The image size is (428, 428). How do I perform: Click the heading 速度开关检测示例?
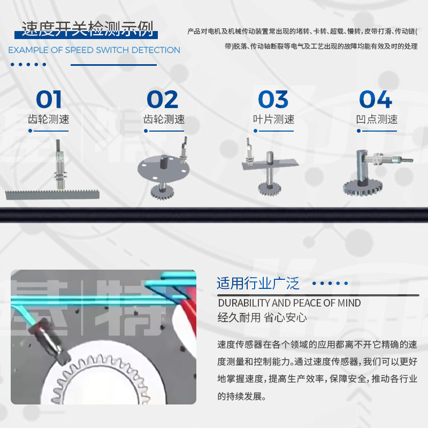tap(87, 28)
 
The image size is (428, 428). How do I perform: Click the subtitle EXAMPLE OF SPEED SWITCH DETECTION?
tap(94, 50)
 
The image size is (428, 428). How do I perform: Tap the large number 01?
tap(49, 100)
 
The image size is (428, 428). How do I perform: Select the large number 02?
tap(163, 100)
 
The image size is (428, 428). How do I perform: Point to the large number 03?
tap(273, 100)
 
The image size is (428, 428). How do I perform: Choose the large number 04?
tap(376, 100)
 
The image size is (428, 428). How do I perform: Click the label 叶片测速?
tap(273, 119)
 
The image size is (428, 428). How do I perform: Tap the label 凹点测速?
tap(376, 119)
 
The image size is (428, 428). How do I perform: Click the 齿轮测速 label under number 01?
tap(49, 119)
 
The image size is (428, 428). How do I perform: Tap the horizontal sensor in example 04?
tap(391, 159)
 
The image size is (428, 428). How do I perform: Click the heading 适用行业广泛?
tap(258, 283)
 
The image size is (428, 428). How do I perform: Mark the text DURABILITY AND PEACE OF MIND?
tap(289, 303)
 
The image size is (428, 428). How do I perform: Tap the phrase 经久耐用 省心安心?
tap(262, 317)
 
